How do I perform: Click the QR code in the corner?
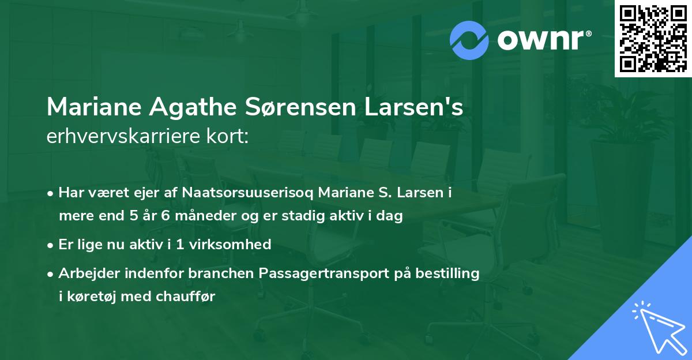pyautogui.click(x=653, y=38)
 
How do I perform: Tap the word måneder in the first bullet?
pyautogui.click(x=187, y=216)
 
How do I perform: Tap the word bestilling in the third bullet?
pyautogui.click(x=450, y=273)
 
